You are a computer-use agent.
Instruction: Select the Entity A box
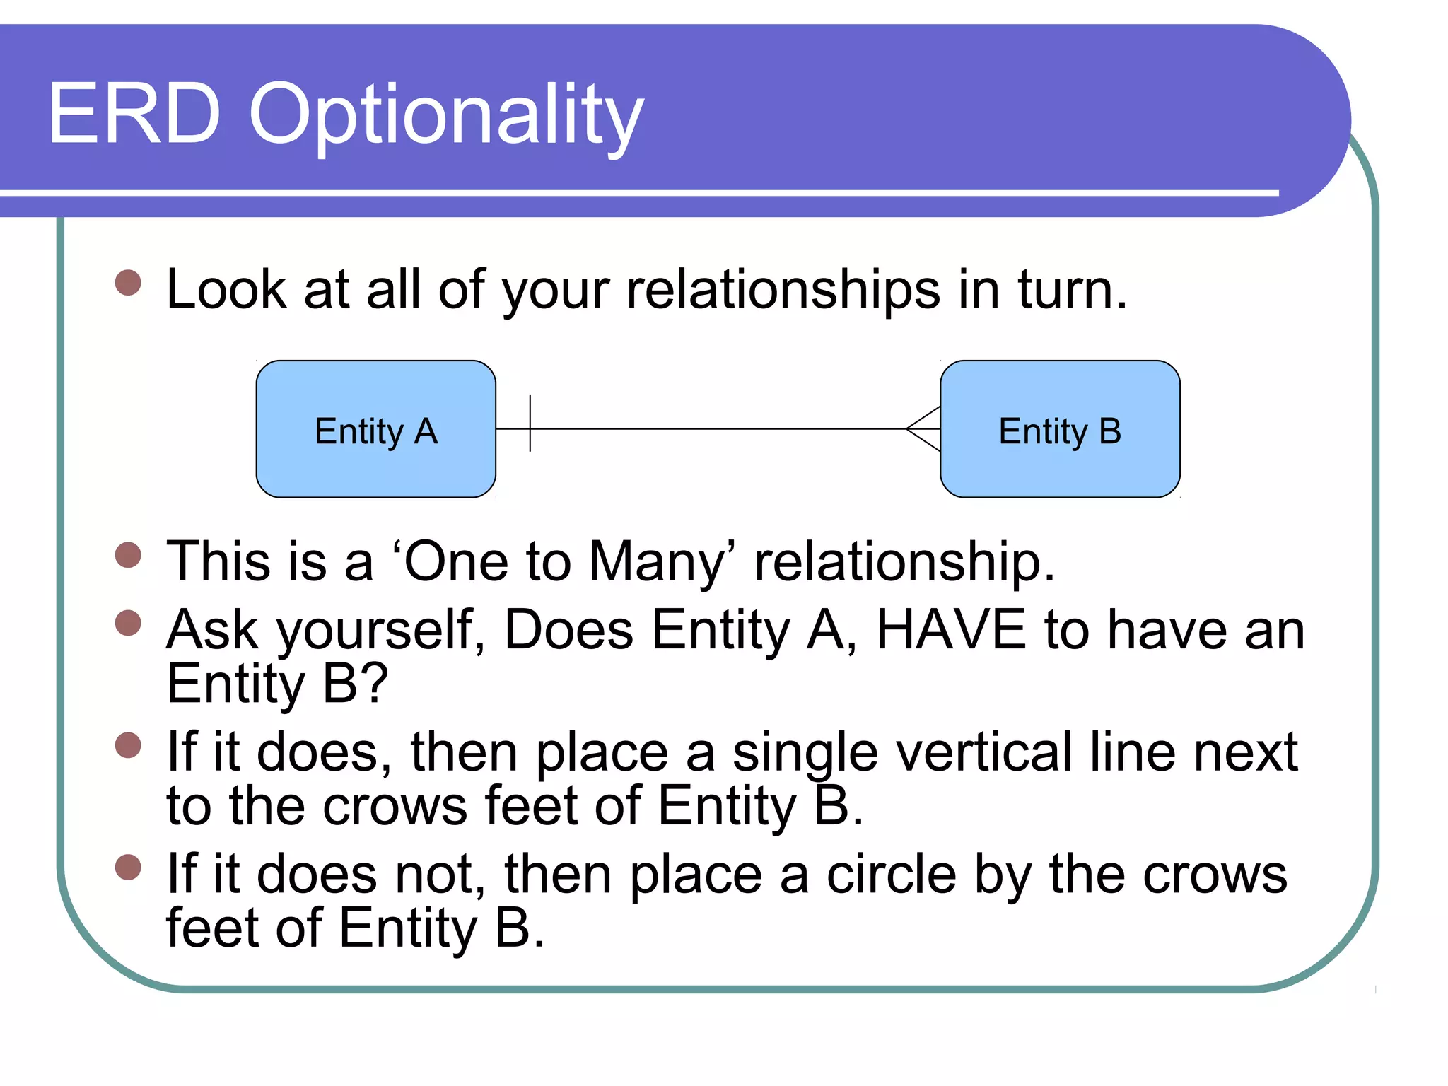click(x=375, y=429)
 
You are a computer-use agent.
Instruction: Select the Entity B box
click(x=1059, y=429)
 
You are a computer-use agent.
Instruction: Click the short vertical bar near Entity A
click(x=530, y=424)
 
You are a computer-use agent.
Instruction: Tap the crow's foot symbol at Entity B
click(x=923, y=428)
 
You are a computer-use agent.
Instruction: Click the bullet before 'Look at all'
click(x=128, y=283)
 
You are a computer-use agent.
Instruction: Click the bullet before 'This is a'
click(x=128, y=554)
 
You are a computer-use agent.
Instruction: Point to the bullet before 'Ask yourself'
click(x=128, y=623)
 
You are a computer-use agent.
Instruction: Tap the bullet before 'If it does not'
click(x=128, y=867)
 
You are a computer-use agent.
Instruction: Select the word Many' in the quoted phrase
click(x=662, y=562)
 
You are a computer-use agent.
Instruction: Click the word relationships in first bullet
click(x=783, y=290)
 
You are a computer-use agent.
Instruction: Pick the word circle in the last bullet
click(x=891, y=875)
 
